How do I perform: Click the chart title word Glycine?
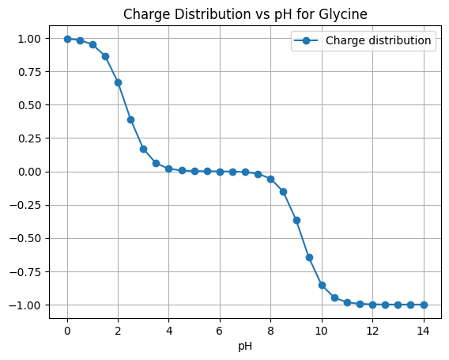(343, 14)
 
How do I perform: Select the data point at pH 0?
(67, 39)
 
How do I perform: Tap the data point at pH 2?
(119, 83)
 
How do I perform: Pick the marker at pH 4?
(169, 169)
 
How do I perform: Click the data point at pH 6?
(220, 172)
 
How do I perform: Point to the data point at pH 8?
(270, 180)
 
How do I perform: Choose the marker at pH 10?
(322, 285)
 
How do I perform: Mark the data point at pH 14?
(424, 305)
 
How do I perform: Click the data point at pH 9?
(296, 221)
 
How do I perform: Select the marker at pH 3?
(143, 150)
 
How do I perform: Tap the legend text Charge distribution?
(379, 40)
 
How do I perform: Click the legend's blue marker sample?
(306, 40)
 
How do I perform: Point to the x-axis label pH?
(245, 347)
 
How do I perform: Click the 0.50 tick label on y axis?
(29, 105)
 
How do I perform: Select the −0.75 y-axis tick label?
(25, 272)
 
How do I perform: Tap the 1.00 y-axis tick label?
(29, 39)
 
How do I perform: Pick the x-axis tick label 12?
(372, 331)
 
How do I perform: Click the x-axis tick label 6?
(220, 331)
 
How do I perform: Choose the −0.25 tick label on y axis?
(25, 206)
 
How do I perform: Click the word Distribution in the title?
(214, 14)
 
